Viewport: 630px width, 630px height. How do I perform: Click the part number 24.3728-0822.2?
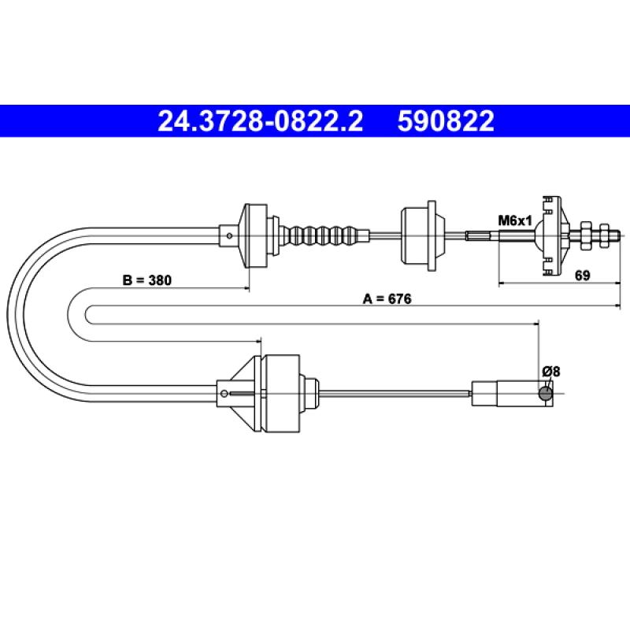click(x=261, y=121)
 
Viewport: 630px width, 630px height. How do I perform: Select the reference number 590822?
click(x=446, y=121)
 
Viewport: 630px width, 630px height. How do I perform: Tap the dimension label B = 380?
click(x=146, y=280)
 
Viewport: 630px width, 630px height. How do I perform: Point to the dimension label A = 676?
click(x=387, y=299)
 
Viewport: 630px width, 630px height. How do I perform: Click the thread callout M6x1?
click(x=515, y=220)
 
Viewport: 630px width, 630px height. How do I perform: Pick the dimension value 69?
click(x=582, y=276)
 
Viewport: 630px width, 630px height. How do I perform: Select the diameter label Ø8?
click(x=550, y=372)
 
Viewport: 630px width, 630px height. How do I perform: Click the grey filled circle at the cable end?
click(x=545, y=393)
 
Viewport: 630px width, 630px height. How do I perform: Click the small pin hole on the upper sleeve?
click(x=229, y=235)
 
